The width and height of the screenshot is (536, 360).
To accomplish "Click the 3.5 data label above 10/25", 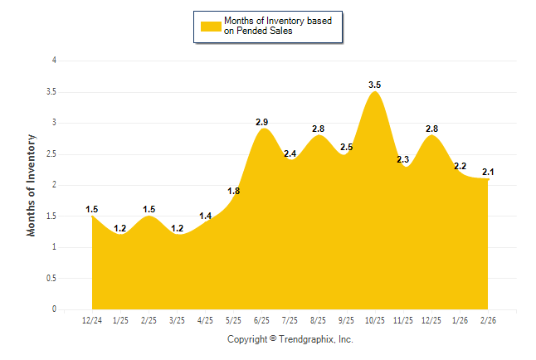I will click(x=374, y=85).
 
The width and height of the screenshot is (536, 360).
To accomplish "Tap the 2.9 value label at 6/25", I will click(x=262, y=122).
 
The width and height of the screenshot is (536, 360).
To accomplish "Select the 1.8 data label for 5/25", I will click(x=234, y=191).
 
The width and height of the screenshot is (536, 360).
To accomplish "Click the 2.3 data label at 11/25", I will click(x=403, y=159).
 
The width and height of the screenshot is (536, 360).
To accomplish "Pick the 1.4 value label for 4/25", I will click(x=206, y=216).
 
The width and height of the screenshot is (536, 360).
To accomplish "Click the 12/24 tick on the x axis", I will click(x=92, y=320).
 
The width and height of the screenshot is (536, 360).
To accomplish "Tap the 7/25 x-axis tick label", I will click(x=290, y=320).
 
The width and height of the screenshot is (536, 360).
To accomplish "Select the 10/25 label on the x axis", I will click(x=374, y=320).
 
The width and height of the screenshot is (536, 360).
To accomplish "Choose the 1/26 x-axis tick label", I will click(x=459, y=320).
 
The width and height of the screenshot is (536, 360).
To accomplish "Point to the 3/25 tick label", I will click(x=177, y=320).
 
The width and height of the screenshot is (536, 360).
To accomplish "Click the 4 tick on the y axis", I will click(x=54, y=61).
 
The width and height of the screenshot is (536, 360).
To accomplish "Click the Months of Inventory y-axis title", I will click(x=32, y=185).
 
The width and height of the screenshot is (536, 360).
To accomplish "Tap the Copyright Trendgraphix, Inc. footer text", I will click(x=290, y=339).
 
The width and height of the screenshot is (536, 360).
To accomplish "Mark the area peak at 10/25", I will click(x=374, y=92).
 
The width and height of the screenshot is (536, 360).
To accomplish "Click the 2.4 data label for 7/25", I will click(x=290, y=153).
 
